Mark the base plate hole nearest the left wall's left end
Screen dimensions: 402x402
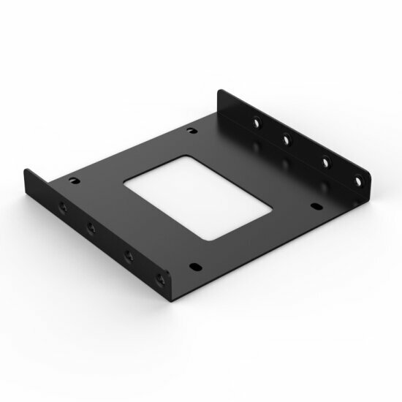click(x=72, y=179)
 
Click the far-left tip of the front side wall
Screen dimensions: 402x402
click(x=24, y=172)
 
